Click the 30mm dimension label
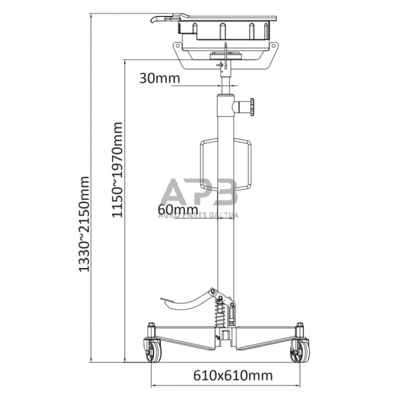(x=159, y=78)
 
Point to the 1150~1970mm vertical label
(x=119, y=169)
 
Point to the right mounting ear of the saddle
(x=275, y=49)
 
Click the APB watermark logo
(x=200, y=193)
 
